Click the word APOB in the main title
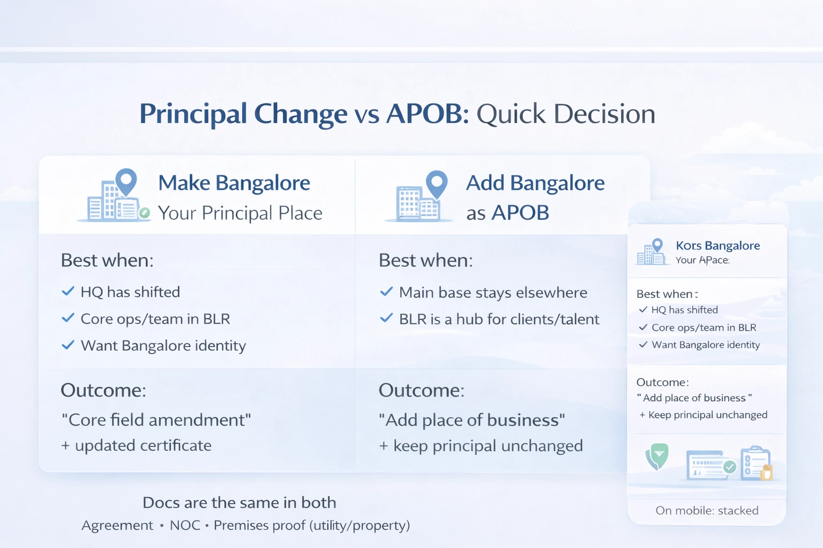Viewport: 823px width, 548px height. point(427,114)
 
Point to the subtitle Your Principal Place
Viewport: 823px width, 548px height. point(240,213)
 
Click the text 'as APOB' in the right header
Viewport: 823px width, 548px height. point(507,213)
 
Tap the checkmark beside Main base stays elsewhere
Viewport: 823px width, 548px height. point(386,292)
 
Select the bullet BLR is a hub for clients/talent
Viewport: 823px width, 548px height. point(499,319)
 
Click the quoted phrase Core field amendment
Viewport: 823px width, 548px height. point(156,420)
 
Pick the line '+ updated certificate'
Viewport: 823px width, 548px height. point(136,445)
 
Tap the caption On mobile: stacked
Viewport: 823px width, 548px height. point(707,511)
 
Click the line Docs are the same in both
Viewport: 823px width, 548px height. point(239,503)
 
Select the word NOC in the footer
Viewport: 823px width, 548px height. point(185,526)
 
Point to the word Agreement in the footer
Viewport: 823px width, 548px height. point(117,526)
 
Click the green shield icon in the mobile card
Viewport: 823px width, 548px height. point(657,456)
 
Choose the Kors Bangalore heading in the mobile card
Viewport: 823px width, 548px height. point(717,246)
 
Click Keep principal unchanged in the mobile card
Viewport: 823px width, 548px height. point(707,415)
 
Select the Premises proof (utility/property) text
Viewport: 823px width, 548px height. point(312,526)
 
